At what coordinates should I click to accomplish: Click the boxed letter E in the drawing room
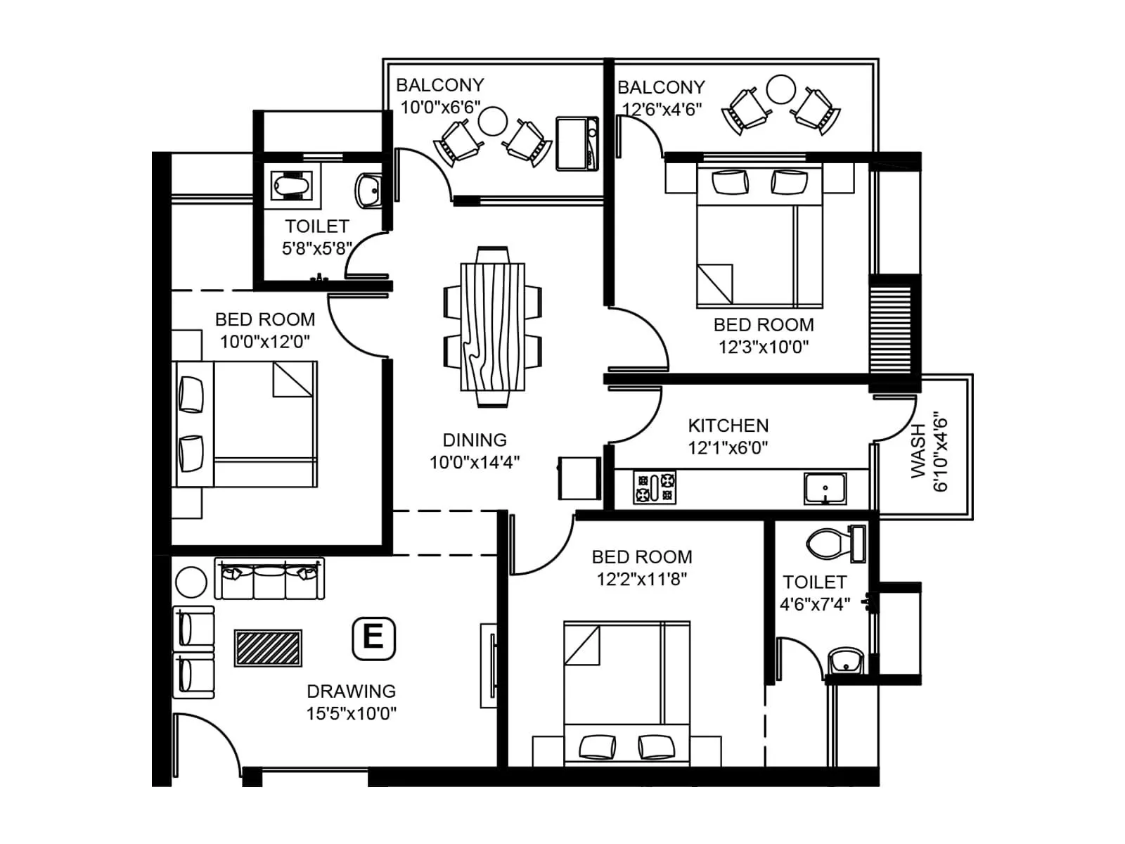point(373,639)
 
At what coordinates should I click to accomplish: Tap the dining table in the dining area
point(492,326)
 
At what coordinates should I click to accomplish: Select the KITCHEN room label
point(728,426)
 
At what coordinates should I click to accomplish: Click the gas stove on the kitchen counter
point(655,487)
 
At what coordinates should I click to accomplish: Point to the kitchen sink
point(825,488)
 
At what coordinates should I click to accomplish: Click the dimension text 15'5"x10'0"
point(351,713)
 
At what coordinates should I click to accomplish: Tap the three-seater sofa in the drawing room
point(269,580)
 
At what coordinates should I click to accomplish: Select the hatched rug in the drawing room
point(268,648)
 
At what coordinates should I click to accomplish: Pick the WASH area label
point(918,451)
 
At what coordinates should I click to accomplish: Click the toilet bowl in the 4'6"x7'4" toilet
point(828,544)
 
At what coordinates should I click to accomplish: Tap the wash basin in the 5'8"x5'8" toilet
point(368,189)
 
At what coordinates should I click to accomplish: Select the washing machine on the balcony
point(577,144)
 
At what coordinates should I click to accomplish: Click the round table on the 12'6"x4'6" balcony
point(780,90)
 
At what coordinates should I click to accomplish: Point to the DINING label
point(475,440)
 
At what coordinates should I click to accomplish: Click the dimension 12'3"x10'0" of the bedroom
point(763,347)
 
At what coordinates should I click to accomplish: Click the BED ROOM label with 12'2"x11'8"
point(641,557)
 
